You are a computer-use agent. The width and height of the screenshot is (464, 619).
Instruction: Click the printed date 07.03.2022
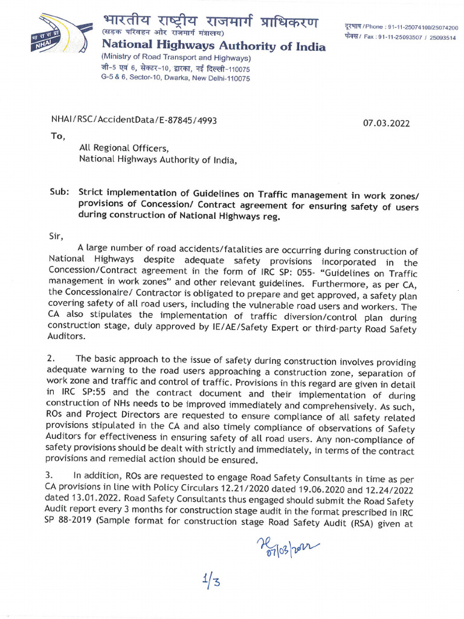[x=386, y=123]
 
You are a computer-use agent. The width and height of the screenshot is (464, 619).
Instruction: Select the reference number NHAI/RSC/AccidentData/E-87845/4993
[x=134, y=120]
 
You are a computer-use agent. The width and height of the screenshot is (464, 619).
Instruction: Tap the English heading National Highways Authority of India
[x=213, y=47]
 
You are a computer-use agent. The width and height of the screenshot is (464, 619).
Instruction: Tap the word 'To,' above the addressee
[x=57, y=136]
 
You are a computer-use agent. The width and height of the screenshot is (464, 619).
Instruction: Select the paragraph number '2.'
[x=51, y=358]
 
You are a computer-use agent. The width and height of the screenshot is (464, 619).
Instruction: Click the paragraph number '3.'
[x=51, y=475]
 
